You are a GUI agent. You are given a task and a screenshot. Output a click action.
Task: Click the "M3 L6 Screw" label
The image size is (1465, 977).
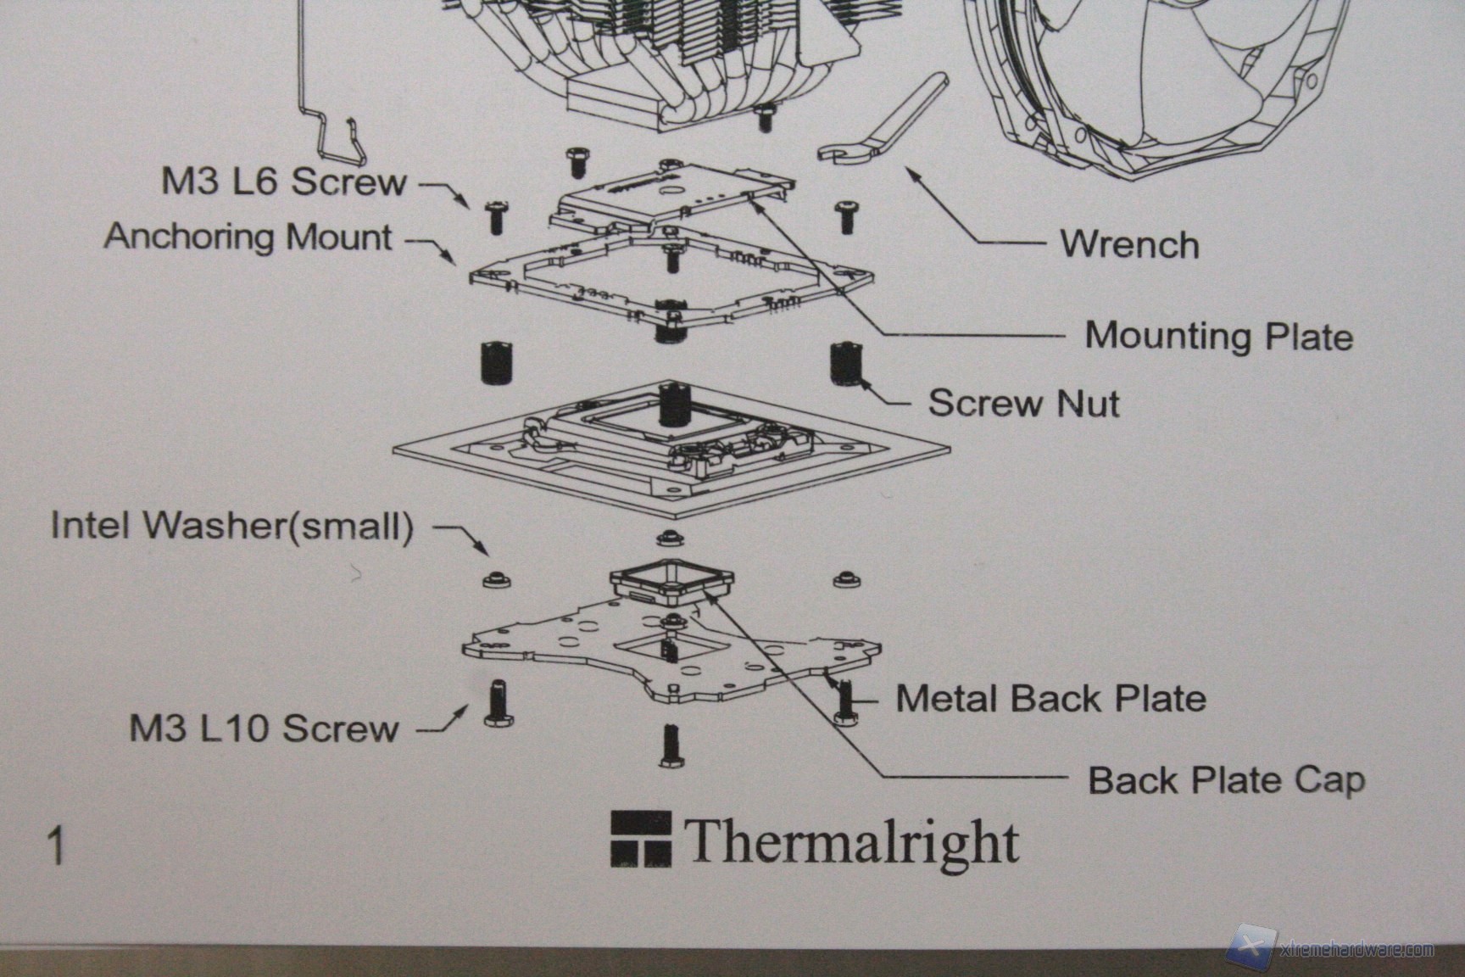pos(284,182)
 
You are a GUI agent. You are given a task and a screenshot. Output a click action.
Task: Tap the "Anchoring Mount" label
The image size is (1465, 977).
pos(248,237)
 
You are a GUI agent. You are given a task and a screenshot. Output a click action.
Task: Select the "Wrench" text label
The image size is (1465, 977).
pos(1129,245)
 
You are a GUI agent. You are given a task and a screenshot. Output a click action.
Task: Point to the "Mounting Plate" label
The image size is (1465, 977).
pos(1218,336)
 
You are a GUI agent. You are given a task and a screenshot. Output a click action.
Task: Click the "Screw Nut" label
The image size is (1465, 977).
pos(1023,403)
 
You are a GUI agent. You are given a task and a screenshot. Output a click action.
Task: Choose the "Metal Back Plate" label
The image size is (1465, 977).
pos(1050,699)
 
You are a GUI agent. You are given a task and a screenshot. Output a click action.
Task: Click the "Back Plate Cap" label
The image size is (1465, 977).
pos(1226,780)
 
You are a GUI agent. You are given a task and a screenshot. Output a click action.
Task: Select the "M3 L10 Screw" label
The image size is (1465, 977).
pos(264,729)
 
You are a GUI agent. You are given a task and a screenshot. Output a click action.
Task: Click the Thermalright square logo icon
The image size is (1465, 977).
pos(640,840)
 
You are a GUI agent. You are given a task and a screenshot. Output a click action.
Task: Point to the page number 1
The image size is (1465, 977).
pos(57,847)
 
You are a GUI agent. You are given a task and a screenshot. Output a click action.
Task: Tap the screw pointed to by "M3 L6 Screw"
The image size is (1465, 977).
pos(494,217)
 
